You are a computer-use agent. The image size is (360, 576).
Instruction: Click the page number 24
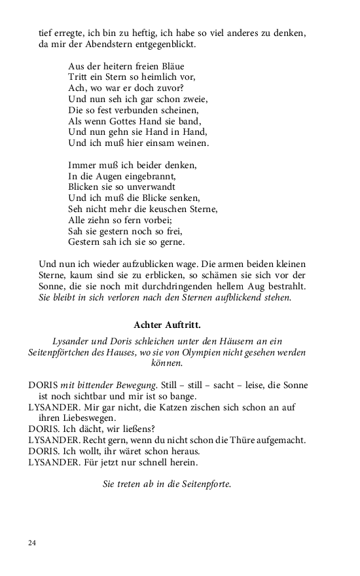pyautogui.click(x=33, y=543)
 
